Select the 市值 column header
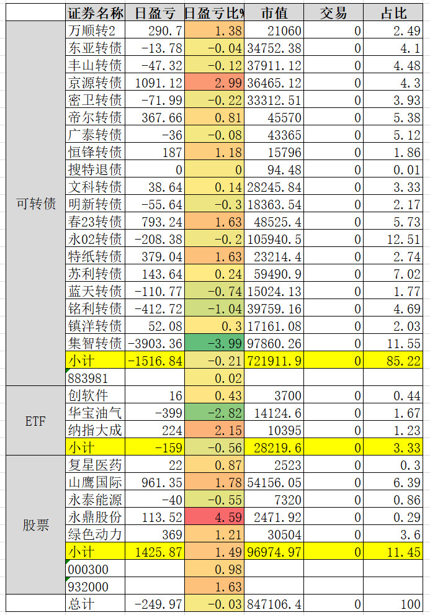274,13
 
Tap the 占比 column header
394,13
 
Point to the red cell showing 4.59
215,517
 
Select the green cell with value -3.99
215,343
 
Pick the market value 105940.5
274,239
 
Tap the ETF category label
36,421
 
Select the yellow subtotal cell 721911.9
274,361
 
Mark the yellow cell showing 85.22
394,361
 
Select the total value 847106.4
274,604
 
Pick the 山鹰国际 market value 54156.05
274,482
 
